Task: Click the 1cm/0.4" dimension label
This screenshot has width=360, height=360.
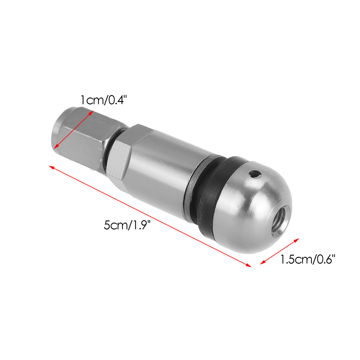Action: click(x=102, y=100)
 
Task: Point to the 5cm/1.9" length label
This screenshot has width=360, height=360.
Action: click(x=127, y=225)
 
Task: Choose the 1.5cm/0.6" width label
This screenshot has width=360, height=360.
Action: click(x=307, y=259)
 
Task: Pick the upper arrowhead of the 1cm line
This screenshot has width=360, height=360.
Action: click(x=91, y=112)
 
